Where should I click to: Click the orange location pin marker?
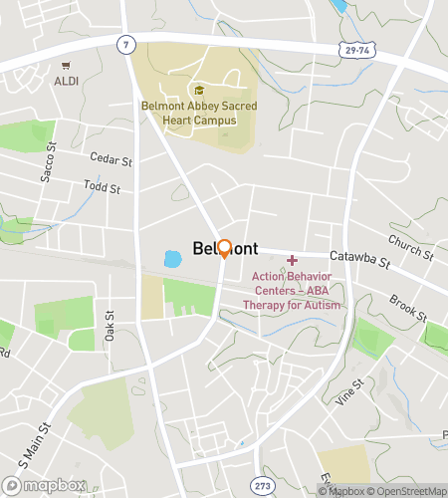[x=225, y=249]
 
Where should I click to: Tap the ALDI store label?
[x=67, y=81]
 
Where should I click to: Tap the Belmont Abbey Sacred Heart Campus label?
[x=198, y=114]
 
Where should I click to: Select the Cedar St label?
[x=111, y=160]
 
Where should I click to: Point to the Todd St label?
[x=103, y=187]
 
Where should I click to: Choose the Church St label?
[x=410, y=246]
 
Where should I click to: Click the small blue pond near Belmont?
[x=172, y=260]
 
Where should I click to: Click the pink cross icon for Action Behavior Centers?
[x=292, y=260]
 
